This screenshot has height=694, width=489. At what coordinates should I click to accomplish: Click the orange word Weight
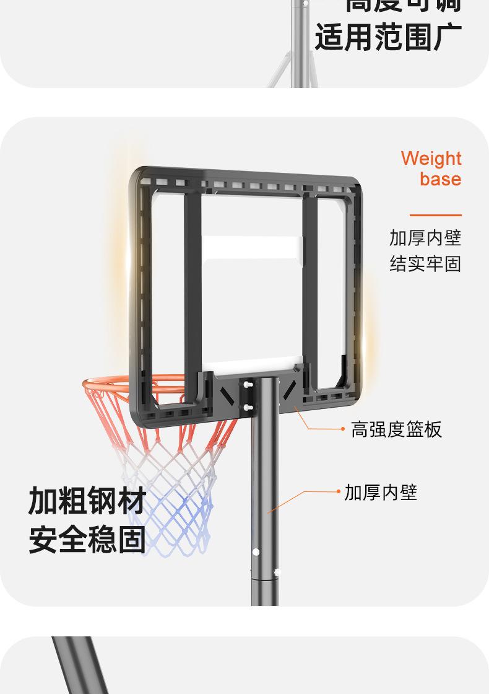[431, 159]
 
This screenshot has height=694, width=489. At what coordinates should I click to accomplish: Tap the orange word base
[440, 179]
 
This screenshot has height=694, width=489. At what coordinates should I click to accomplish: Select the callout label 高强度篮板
[397, 429]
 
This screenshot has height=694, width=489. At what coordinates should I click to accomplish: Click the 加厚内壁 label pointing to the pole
[381, 493]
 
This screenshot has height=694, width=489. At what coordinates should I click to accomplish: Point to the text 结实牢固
[425, 264]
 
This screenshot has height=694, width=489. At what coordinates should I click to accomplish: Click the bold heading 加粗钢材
[87, 501]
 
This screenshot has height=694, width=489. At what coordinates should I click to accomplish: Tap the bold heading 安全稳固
[87, 539]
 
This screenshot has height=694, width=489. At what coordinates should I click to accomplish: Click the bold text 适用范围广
[388, 37]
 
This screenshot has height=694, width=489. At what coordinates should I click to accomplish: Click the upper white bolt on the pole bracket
[248, 385]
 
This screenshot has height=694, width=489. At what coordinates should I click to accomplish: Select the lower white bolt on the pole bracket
[248, 407]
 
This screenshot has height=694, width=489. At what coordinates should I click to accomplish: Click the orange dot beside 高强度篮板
[343, 429]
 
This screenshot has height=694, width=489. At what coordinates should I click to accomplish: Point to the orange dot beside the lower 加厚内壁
[338, 492]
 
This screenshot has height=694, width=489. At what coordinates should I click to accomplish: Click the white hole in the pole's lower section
[256, 551]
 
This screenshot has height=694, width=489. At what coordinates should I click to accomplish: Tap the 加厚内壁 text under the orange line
[425, 237]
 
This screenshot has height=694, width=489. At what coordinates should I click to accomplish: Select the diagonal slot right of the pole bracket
[288, 388]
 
